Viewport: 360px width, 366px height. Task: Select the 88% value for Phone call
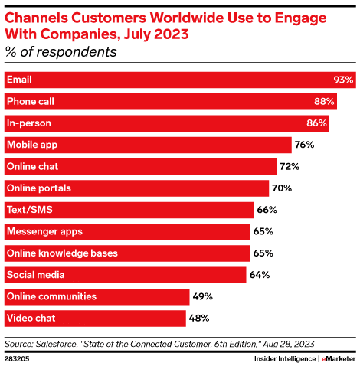(x=324, y=101)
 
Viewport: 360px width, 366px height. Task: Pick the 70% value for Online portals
(x=283, y=188)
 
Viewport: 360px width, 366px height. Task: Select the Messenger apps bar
(x=126, y=230)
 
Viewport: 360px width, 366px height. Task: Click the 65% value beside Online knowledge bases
(x=264, y=253)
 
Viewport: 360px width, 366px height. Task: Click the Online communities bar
(x=97, y=296)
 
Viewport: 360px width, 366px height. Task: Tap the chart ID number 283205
(x=17, y=358)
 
